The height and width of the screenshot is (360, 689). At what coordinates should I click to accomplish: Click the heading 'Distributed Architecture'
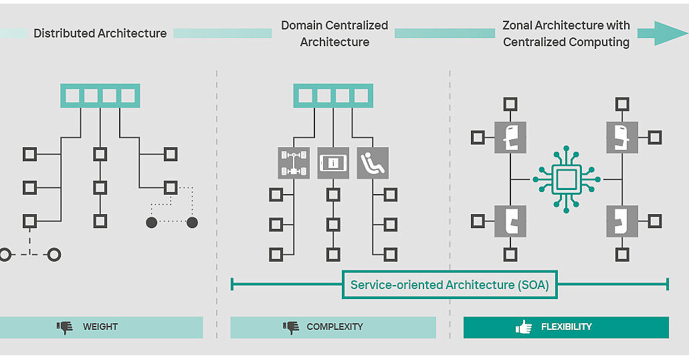coord(100,33)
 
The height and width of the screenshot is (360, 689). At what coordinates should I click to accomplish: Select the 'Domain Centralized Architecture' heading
coord(334,33)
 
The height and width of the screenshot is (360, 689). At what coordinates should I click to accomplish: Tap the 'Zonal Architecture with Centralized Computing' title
coord(566,33)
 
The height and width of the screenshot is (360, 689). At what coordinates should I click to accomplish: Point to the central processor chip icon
coord(567,179)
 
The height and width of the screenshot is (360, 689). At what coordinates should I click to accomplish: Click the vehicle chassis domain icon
coord(294,163)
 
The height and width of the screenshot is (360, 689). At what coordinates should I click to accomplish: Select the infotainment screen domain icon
coord(333,163)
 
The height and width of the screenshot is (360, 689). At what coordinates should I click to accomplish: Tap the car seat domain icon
coord(373,163)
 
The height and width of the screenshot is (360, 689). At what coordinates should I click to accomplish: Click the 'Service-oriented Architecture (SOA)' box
coord(450,285)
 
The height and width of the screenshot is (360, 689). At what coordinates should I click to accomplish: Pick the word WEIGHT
coord(100,327)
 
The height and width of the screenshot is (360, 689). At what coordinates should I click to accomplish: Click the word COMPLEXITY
coord(334,327)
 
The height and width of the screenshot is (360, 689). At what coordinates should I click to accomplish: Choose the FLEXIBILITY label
coord(566,327)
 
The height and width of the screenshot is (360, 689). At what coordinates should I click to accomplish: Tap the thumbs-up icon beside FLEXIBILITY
coord(524,327)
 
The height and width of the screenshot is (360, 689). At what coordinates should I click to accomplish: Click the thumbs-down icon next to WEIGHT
coord(65,327)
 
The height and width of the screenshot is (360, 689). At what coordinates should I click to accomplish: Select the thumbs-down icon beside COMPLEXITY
coord(291,327)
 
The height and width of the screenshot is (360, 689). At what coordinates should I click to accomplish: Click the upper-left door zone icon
coord(510,137)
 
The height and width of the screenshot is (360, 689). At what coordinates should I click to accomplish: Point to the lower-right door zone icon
coord(622,221)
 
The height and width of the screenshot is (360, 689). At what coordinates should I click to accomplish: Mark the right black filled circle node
coord(192,222)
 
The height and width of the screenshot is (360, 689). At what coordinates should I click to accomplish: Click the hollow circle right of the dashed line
coord(54,254)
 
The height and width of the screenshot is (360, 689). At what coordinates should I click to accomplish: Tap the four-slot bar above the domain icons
coord(333,96)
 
